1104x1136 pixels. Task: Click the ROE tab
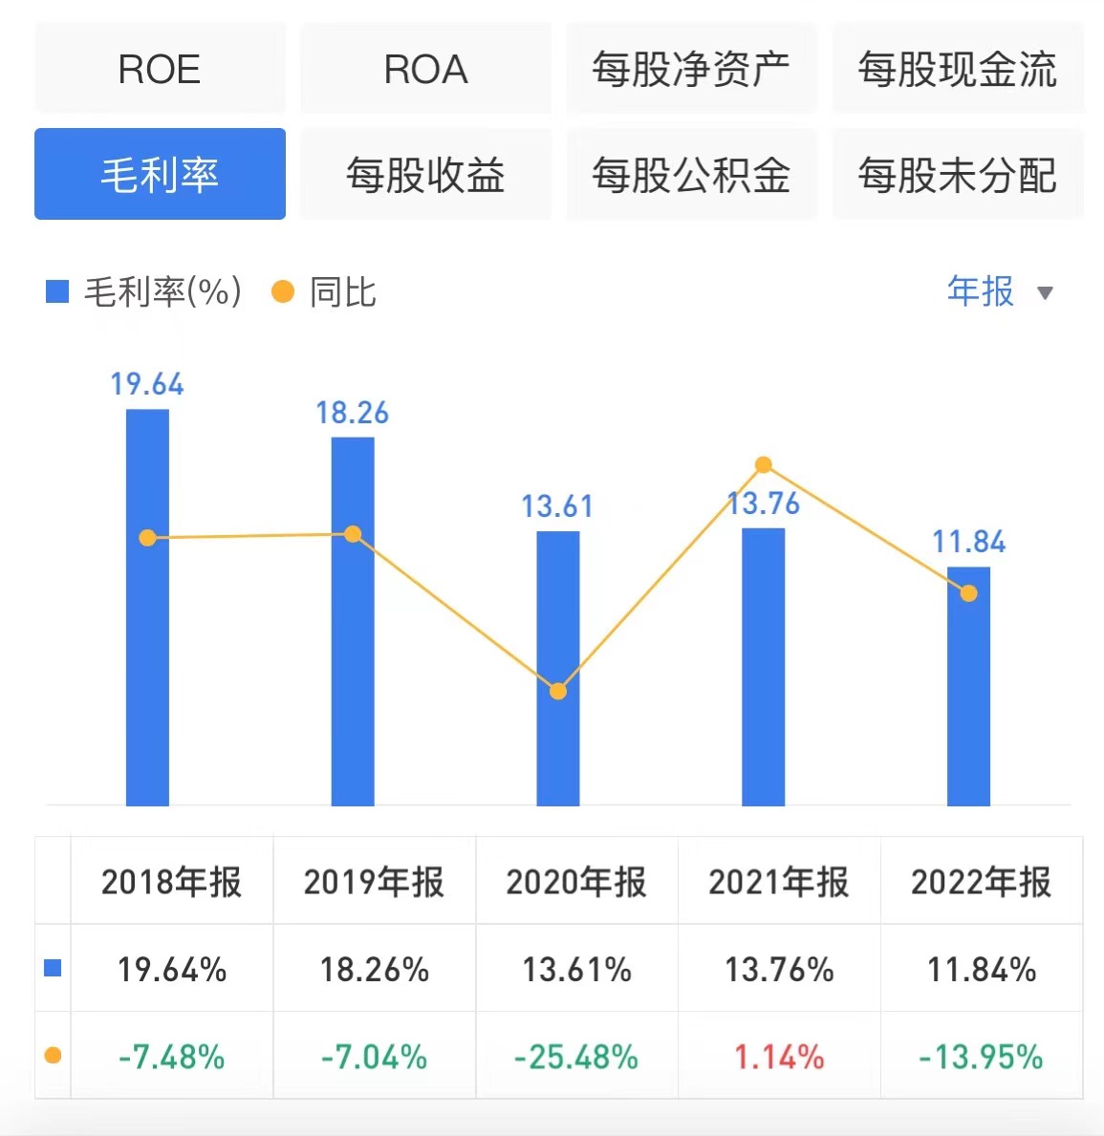click(160, 69)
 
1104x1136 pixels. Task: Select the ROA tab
click(425, 69)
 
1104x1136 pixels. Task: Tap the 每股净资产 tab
click(691, 69)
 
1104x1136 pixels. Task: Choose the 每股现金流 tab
click(957, 69)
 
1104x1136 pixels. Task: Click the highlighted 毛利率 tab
click(160, 174)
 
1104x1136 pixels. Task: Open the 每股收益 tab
click(425, 174)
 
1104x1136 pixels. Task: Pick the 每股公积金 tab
click(691, 174)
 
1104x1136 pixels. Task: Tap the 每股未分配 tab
click(957, 174)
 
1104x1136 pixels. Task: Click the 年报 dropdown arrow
click(1045, 293)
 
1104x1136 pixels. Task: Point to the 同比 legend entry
click(325, 292)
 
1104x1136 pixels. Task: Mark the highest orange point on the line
click(763, 465)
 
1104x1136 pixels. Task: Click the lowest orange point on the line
click(558, 691)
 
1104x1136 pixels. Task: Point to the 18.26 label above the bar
click(352, 413)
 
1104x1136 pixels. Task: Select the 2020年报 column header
click(576, 881)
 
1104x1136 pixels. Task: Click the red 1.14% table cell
click(779, 1057)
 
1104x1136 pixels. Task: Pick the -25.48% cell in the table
click(576, 1057)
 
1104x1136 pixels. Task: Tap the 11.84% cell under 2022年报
click(982, 970)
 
